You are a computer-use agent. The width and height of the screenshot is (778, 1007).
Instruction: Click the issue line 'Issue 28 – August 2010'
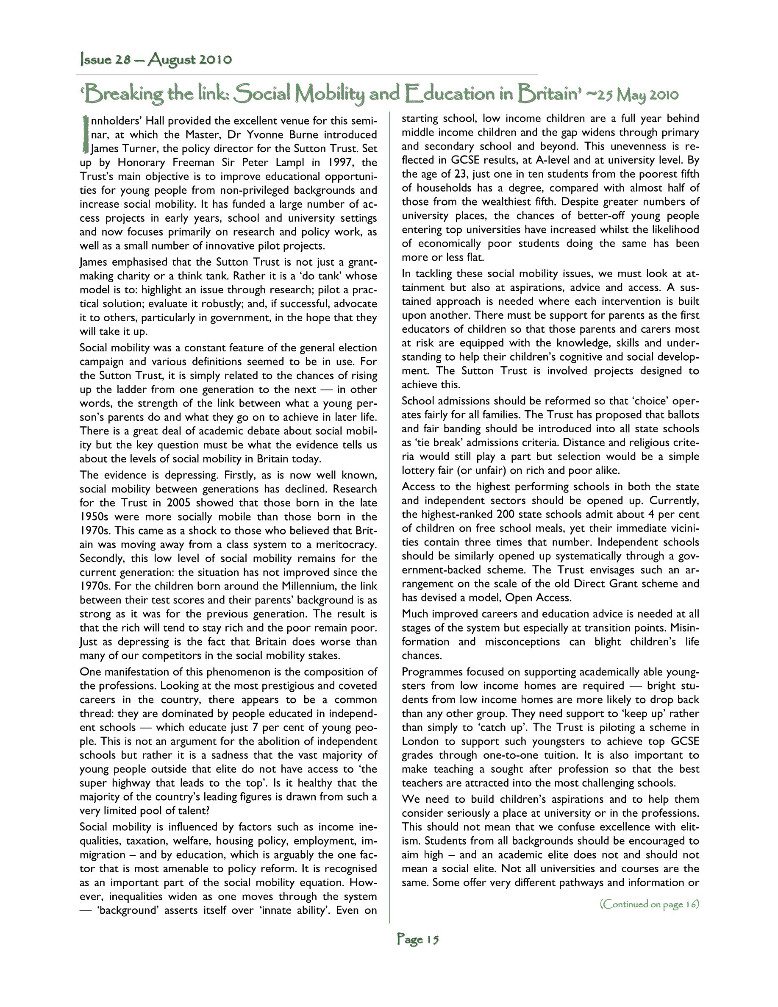coord(156,60)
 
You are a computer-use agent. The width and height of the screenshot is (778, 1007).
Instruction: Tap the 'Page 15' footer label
coord(417,939)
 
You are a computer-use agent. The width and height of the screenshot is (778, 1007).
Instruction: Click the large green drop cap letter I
coord(84,134)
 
